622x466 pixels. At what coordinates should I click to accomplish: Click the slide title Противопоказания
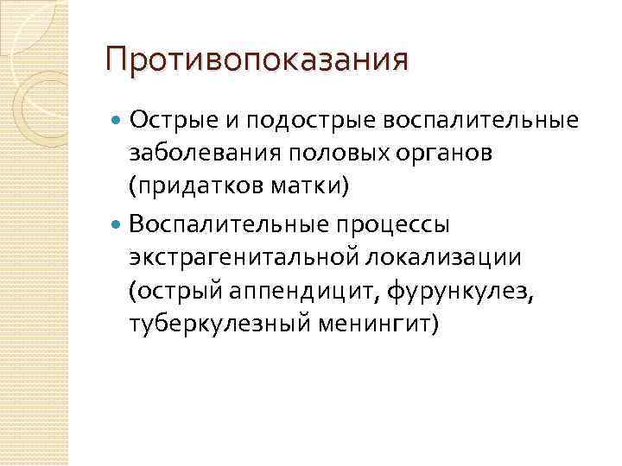point(256,61)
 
